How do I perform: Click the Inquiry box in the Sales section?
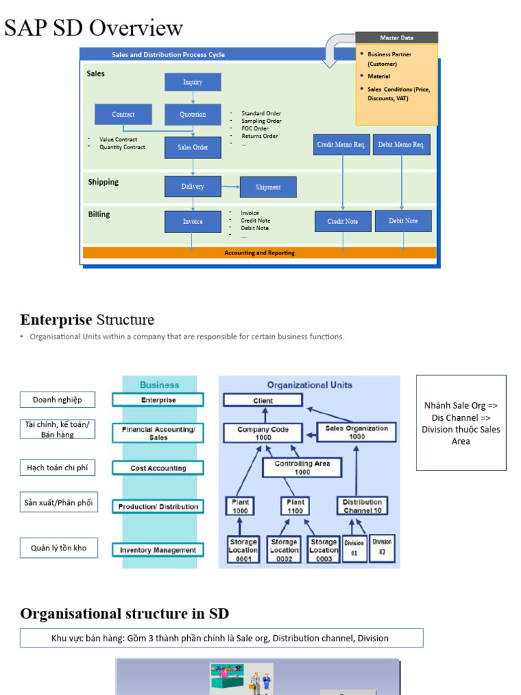pyautogui.click(x=193, y=82)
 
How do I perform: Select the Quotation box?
pyautogui.click(x=193, y=115)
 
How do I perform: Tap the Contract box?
pyautogui.click(x=123, y=115)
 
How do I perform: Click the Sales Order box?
pyautogui.click(x=193, y=147)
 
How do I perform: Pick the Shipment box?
pyautogui.click(x=268, y=187)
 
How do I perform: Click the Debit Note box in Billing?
pyautogui.click(x=403, y=221)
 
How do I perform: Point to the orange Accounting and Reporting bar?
pyautogui.click(x=259, y=253)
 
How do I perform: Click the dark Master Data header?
pyautogui.click(x=397, y=38)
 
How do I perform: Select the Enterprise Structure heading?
pyautogui.click(x=87, y=320)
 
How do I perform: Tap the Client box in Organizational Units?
pyautogui.click(x=263, y=401)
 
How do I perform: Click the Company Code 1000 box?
pyautogui.click(x=263, y=433)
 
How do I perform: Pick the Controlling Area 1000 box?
pyautogui.click(x=303, y=468)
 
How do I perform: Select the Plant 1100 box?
pyautogui.click(x=295, y=506)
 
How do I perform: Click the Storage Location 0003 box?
pyautogui.click(x=324, y=550)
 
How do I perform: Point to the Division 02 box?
pyautogui.click(x=382, y=547)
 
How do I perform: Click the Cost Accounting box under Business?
pyautogui.click(x=158, y=468)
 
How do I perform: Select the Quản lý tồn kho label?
pyautogui.click(x=58, y=548)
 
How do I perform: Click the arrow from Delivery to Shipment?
pyautogui.click(x=231, y=187)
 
